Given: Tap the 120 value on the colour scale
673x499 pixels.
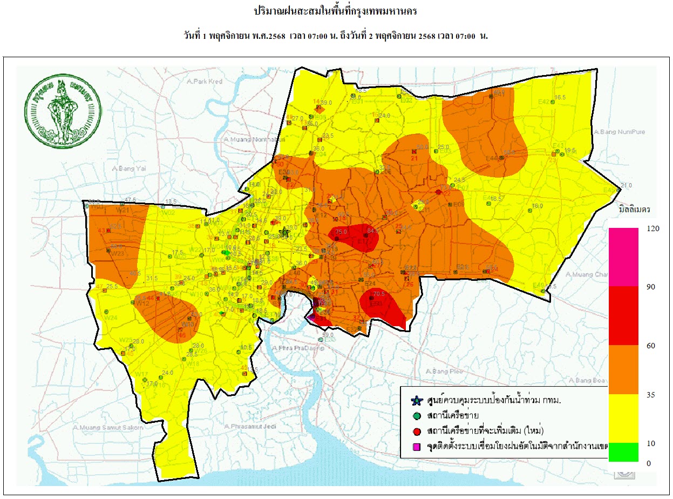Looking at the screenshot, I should pyautogui.click(x=652, y=228).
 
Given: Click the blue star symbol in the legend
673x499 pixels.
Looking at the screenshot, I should pyautogui.click(x=416, y=401).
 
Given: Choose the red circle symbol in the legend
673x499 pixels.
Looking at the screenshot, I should pyautogui.click(x=416, y=431).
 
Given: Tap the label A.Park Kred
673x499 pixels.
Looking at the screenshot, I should pyautogui.click(x=203, y=81).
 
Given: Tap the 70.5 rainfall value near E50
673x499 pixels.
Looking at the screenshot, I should pyautogui.click(x=379, y=294).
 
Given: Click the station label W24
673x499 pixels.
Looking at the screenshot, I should pyautogui.click(x=111, y=318).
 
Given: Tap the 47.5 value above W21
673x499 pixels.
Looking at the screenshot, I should pyautogui.click(x=130, y=200).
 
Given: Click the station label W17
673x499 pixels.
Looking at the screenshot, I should pyautogui.click(x=142, y=374).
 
